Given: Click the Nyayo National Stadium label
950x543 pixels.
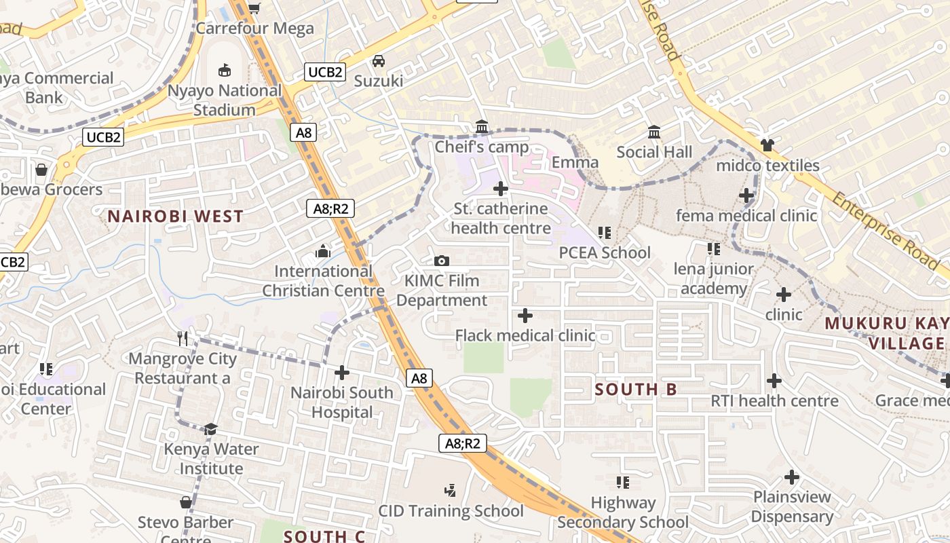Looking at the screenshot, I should [x=225, y=100].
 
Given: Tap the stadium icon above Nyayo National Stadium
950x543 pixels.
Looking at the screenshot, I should [x=225, y=69].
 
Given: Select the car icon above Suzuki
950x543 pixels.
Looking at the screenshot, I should [x=379, y=61].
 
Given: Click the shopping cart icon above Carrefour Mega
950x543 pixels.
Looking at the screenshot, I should [x=254, y=8].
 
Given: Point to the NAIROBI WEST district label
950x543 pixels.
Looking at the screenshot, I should [x=175, y=217].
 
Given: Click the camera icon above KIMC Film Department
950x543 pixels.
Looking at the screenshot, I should [x=442, y=261].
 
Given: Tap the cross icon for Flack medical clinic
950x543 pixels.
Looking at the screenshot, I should [x=525, y=316].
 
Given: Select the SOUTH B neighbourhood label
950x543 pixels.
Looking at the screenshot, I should [x=636, y=390].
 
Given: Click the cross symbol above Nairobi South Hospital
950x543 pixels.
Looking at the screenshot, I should [x=342, y=373].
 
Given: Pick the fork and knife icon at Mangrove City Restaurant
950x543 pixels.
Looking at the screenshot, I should [x=183, y=339].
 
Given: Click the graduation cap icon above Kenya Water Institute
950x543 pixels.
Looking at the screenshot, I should [x=210, y=429].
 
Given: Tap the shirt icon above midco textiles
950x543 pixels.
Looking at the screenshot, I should [x=767, y=145].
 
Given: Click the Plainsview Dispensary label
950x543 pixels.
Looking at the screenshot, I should [x=792, y=506].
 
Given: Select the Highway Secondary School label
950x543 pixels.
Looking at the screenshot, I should [x=623, y=512].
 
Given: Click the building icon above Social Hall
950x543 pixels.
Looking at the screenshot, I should [x=655, y=132].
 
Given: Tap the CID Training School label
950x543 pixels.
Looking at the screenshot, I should [x=451, y=511].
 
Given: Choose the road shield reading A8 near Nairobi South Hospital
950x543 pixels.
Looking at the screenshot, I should [x=419, y=378].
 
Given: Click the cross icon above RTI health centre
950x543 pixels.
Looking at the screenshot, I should [x=774, y=381].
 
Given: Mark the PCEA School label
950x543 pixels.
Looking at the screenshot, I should [x=605, y=252].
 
